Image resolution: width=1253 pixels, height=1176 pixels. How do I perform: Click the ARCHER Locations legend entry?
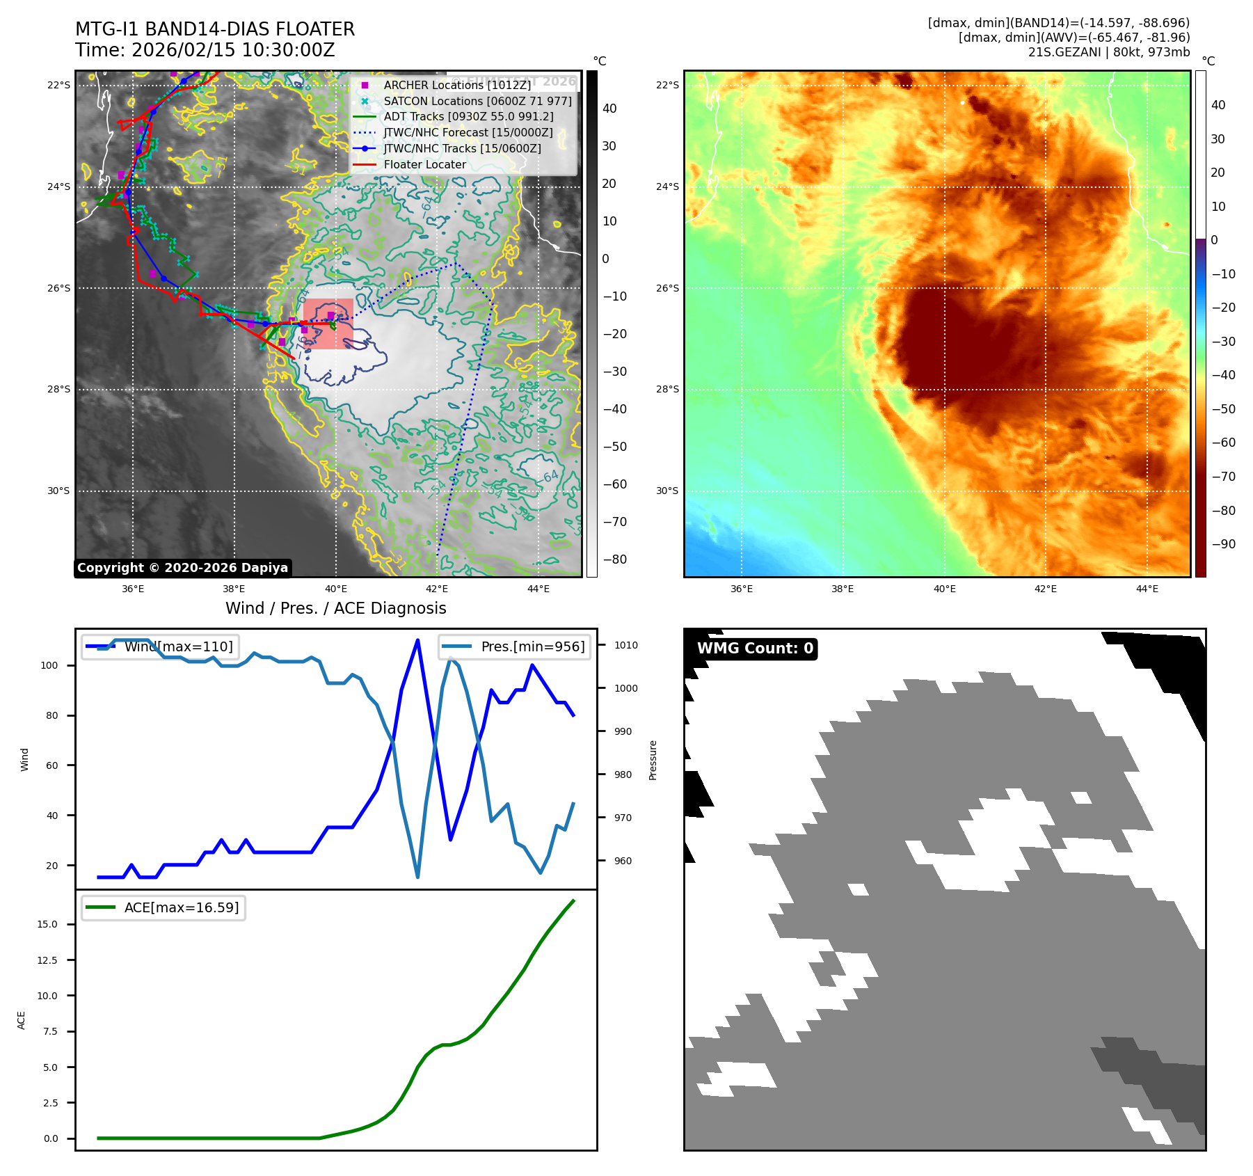(456, 85)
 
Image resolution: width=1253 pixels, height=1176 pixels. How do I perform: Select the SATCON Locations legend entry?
(477, 101)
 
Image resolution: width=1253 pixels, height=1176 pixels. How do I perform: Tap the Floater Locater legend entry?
(424, 164)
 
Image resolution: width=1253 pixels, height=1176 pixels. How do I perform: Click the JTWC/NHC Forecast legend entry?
(468, 132)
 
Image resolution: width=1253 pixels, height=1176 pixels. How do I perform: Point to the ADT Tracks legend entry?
(468, 116)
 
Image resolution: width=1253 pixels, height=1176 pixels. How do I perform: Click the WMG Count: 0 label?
(755, 649)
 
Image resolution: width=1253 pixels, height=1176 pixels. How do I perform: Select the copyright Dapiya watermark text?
(182, 568)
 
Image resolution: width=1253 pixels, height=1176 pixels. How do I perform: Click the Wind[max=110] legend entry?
(178, 646)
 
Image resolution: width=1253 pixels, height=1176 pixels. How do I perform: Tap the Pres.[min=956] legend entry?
(532, 646)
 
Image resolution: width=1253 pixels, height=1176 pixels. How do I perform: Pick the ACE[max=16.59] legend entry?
(181, 907)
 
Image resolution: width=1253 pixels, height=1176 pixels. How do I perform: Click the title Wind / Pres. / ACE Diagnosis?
(335, 608)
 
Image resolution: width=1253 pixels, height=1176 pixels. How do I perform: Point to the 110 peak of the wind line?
(417, 640)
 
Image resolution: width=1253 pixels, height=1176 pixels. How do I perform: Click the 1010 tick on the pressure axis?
(625, 645)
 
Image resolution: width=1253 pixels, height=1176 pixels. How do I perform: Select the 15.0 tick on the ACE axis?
(47, 924)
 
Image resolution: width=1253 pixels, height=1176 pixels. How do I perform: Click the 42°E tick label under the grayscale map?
(437, 589)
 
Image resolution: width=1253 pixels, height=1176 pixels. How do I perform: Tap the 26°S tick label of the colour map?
(667, 288)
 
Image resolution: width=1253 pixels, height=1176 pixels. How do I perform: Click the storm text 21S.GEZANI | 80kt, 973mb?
(1109, 52)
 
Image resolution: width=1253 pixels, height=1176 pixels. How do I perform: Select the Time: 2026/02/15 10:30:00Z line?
(205, 50)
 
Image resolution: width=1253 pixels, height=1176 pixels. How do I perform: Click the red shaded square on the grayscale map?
(328, 324)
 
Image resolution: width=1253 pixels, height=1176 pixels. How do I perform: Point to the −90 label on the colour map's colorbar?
(1223, 544)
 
